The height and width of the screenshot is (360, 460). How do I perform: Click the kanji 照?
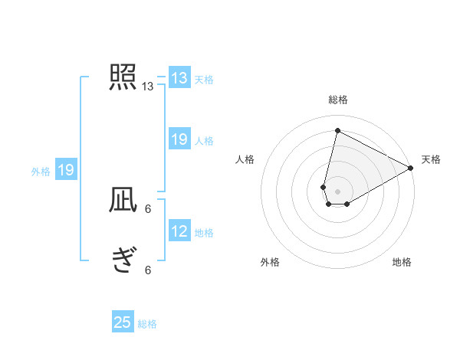[x=123, y=77]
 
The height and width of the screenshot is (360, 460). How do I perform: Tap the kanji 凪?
[x=123, y=201]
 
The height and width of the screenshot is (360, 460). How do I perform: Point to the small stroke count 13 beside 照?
[x=148, y=87]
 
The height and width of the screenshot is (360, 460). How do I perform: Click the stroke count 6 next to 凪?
[x=148, y=208]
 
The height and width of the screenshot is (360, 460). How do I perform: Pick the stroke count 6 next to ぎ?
[x=148, y=269]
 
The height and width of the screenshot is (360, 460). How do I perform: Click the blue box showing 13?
[x=179, y=78]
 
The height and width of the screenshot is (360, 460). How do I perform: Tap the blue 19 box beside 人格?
[x=179, y=139]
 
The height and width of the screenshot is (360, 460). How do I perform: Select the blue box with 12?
[x=179, y=231]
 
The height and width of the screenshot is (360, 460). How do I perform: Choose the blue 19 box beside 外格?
[x=66, y=171]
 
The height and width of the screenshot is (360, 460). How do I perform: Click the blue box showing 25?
[x=123, y=322]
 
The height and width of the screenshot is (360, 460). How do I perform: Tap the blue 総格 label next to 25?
[x=147, y=324]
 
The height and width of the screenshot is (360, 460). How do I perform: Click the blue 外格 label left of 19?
[x=41, y=172]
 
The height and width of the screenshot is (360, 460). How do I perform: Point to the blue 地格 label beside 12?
[x=204, y=232]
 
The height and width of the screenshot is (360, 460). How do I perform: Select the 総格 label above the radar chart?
[x=338, y=100]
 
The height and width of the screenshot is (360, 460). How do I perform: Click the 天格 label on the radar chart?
[x=431, y=159]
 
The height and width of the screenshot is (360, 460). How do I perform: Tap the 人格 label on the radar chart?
[x=245, y=159]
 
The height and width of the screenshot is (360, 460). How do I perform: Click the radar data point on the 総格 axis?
[x=337, y=130]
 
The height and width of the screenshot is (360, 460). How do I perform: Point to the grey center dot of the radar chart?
[x=337, y=191]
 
